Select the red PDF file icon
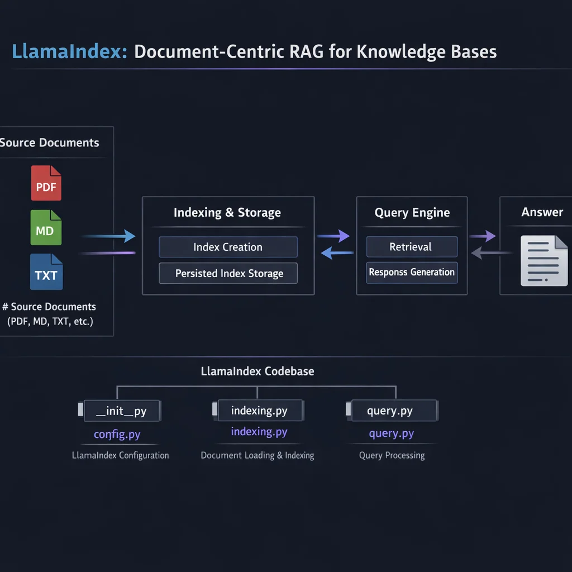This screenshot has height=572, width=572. click(46, 183)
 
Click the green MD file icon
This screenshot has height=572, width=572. click(46, 227)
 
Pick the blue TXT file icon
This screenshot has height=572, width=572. click(46, 272)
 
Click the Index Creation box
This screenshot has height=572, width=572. click(228, 247)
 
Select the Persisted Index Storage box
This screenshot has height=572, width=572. click(228, 274)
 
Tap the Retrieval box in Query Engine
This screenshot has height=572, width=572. click(412, 246)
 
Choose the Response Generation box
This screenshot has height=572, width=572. click(412, 273)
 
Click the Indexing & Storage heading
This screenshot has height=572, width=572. click(227, 213)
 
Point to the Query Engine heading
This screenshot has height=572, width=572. click(412, 213)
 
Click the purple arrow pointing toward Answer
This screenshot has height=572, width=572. click(483, 236)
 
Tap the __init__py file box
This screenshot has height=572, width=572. click(122, 411)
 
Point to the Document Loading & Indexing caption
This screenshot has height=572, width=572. click(258, 455)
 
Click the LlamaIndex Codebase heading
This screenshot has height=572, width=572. click(258, 371)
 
